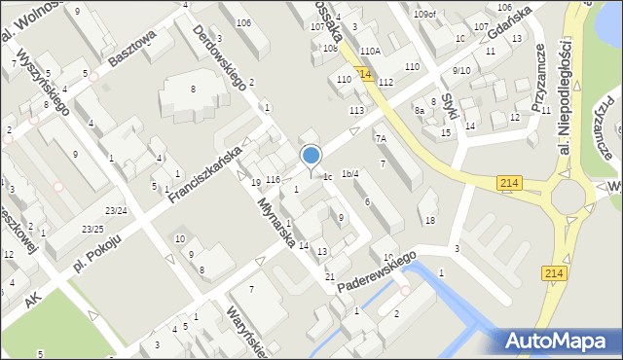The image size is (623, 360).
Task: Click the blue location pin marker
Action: [x=311, y=157]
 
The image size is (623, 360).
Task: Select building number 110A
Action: [x=370, y=51]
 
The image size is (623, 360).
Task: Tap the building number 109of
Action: [x=424, y=14]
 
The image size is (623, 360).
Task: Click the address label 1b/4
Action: [x=349, y=173]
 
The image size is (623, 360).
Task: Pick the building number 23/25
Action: [x=92, y=229]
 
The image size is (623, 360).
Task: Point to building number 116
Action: [x=273, y=180]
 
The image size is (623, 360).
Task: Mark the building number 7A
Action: [x=381, y=139]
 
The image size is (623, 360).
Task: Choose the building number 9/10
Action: [x=461, y=71]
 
